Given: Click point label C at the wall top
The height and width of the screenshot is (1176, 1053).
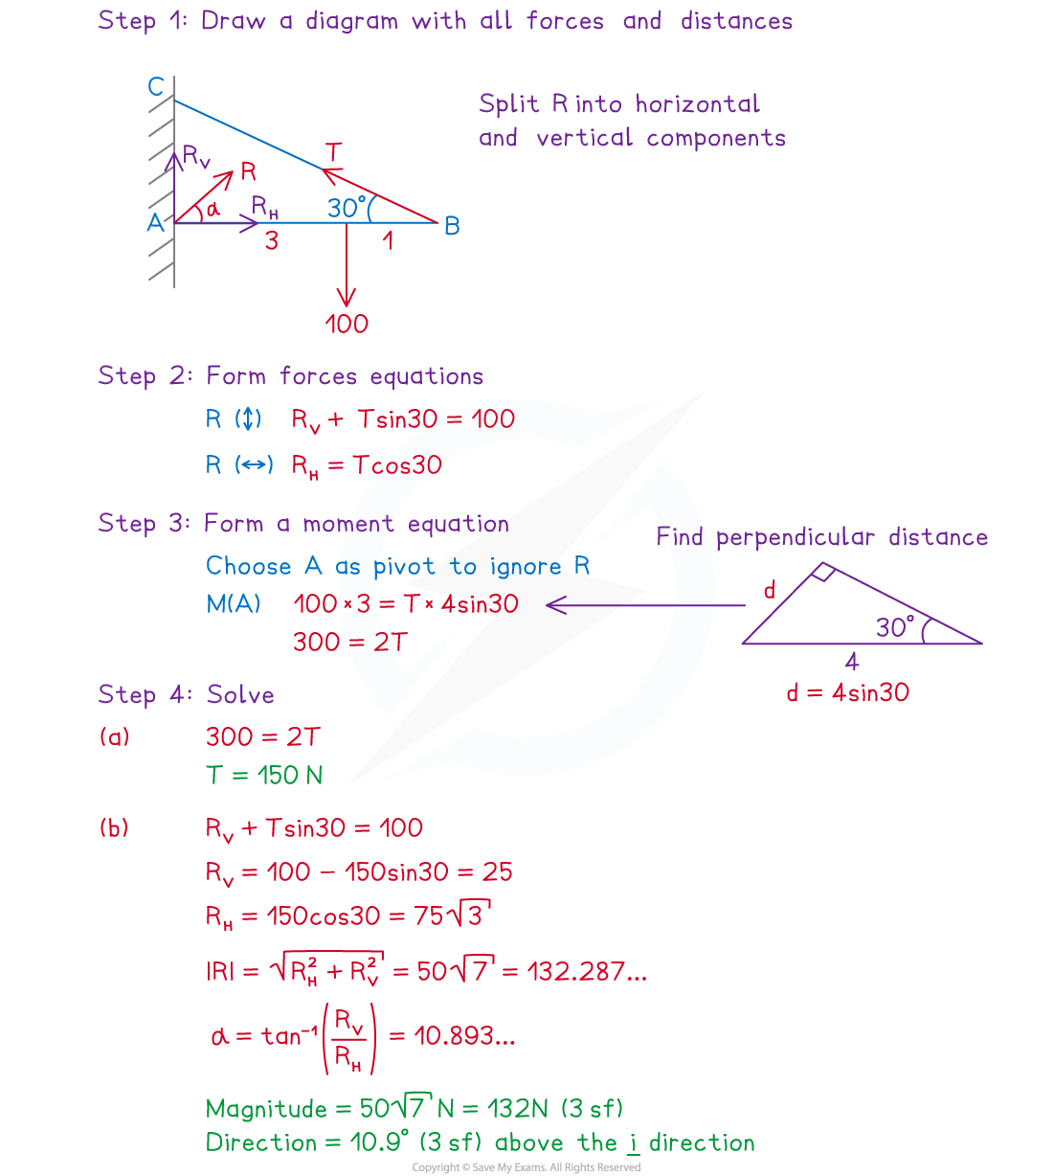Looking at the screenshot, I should click(156, 87).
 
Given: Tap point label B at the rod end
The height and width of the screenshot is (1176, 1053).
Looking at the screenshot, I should click(452, 226).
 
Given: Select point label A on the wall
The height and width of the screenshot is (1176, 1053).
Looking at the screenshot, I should click(155, 223).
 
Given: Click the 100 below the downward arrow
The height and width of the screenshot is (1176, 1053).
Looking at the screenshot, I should click(347, 324).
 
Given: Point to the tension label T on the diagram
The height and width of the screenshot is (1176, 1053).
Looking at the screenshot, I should click(333, 151).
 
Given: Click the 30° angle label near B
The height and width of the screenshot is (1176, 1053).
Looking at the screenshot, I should click(347, 208).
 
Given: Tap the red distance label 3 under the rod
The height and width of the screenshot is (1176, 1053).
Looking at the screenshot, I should click(272, 241).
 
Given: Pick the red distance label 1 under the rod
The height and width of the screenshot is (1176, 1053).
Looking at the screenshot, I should click(388, 240).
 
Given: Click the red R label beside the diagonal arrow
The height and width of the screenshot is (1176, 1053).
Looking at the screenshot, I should click(249, 171).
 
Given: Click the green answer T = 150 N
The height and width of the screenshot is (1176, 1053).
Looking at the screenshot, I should click(264, 775).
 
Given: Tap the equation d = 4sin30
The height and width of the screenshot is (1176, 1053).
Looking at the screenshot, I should click(847, 692).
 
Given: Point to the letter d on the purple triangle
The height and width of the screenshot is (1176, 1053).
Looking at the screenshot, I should click(770, 590).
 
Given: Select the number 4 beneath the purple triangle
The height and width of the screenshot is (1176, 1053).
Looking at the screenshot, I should click(851, 661).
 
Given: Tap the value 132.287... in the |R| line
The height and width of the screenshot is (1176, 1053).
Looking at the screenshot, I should click(574, 971).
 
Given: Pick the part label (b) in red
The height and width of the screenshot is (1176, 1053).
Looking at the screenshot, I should click(114, 827).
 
